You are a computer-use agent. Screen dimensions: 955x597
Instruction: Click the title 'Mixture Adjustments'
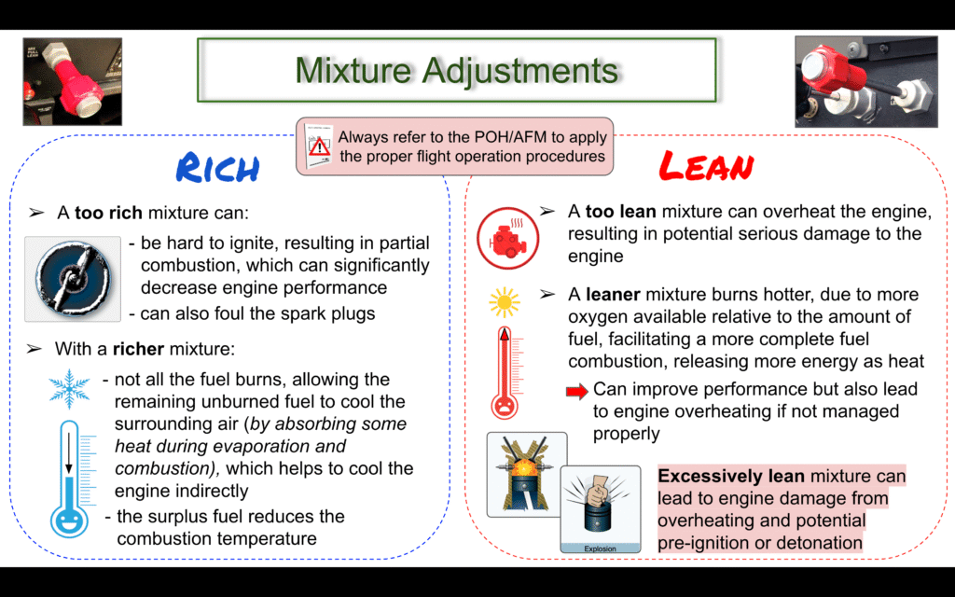pos(457,70)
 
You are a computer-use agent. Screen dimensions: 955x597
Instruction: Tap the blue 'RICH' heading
pos(217,168)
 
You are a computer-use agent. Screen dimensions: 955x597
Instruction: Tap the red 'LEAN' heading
pos(707,166)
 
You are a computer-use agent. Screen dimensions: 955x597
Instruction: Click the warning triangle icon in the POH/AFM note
pos(319,146)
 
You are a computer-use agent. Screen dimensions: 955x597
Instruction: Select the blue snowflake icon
pos(69,389)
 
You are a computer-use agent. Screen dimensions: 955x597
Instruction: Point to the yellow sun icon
pos(505,302)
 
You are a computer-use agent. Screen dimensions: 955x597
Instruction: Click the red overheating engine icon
pos(507,238)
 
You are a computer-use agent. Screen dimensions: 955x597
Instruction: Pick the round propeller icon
pos(73,278)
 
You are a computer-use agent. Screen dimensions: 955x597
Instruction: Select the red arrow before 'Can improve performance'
pos(576,391)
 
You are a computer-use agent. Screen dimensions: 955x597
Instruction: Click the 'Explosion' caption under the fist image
pos(600,548)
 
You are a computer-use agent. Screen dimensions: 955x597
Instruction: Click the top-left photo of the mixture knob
pos(73,82)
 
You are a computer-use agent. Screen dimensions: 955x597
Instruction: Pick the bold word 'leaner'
pos(613,295)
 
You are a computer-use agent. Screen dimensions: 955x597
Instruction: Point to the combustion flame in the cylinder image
pos(526,469)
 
